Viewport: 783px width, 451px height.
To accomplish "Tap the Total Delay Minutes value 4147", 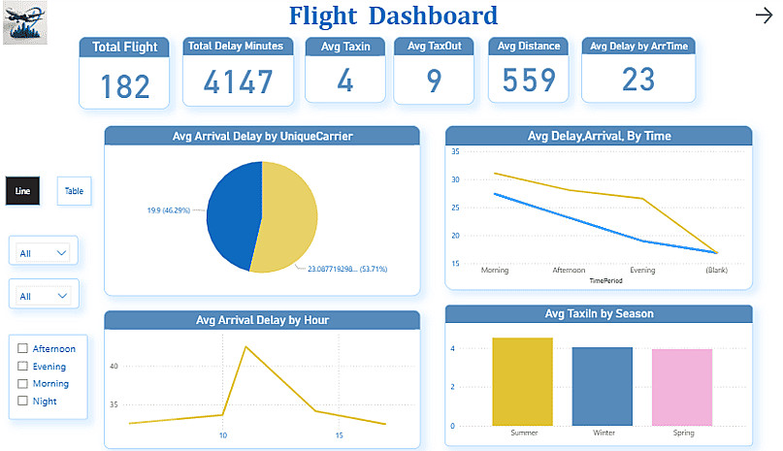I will tap(238, 81).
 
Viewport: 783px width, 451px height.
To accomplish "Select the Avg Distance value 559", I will tap(528, 81).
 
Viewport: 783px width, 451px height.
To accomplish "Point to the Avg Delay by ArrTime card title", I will tap(638, 46).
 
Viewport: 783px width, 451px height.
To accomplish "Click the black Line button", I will tap(22, 191).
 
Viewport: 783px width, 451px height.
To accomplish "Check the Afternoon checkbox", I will tap(22, 349).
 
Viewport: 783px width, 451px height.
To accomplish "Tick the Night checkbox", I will tap(22, 402).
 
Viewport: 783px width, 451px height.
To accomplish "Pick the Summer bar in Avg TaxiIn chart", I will tap(522, 381).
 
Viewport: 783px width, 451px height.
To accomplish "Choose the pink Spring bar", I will tap(681, 387).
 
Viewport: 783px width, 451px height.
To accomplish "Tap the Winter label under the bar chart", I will tap(602, 433).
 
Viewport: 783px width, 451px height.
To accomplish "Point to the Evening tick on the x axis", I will tap(641, 271).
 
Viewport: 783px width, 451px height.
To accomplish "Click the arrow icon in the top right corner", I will tap(763, 15).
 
